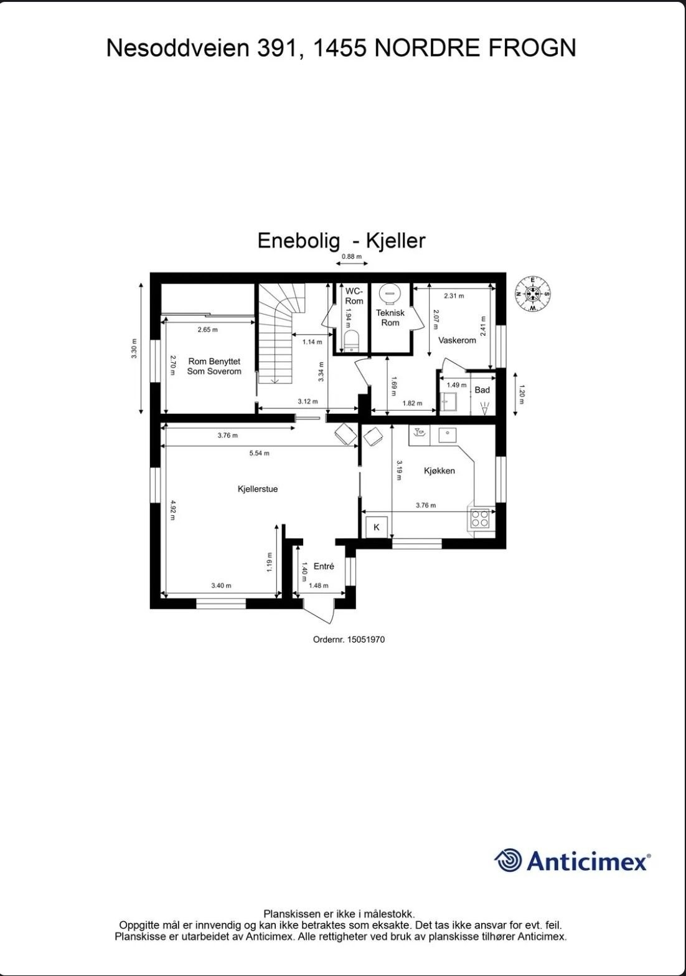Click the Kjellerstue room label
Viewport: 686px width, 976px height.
point(257,489)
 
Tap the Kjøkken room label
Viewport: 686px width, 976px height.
point(439,471)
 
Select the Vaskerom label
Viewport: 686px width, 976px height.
point(457,340)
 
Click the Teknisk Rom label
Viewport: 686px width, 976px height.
point(390,318)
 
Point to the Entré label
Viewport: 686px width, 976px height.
point(324,567)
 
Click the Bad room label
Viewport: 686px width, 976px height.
point(482,390)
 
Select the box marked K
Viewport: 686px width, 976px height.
point(376,527)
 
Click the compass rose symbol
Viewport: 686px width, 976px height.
point(533,293)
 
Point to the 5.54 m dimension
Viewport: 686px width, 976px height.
point(259,453)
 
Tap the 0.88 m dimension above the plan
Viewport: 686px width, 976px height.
point(351,257)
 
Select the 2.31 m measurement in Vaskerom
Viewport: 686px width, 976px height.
point(454,296)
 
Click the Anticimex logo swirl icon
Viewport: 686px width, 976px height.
point(508,861)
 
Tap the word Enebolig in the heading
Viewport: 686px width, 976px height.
point(299,241)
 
